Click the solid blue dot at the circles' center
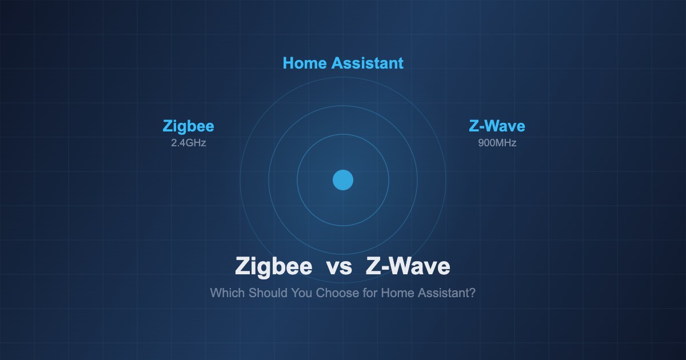tap(343, 180)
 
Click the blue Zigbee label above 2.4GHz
tap(188, 126)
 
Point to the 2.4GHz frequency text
tap(188, 143)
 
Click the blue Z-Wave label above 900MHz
tap(497, 126)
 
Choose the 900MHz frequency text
tap(497, 143)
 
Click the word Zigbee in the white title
tap(274, 267)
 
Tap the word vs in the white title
tap(339, 267)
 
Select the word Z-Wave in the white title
tap(408, 267)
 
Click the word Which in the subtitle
tap(227, 293)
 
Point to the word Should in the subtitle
tap(267, 293)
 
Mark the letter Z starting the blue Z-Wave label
tap(473, 126)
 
